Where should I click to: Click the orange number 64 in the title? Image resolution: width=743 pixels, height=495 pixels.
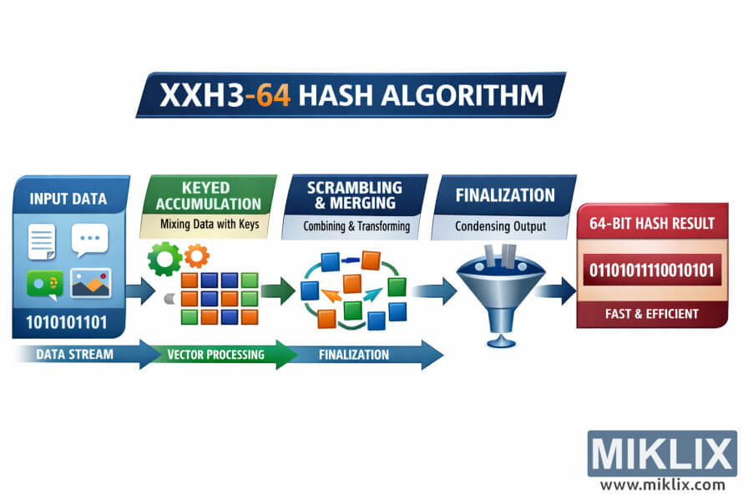click(273, 95)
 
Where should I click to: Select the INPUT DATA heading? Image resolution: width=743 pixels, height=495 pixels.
click(68, 199)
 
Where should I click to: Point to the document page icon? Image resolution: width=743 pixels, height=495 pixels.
click(43, 242)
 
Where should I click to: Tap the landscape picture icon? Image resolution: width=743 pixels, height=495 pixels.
click(91, 284)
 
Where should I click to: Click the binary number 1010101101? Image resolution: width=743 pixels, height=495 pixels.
click(68, 322)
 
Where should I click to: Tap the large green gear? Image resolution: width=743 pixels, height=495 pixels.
click(164, 259)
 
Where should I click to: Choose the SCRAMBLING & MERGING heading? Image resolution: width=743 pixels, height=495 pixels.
click(354, 195)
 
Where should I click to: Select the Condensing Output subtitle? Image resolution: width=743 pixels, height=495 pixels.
click(501, 225)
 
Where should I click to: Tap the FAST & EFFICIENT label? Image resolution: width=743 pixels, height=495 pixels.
click(652, 314)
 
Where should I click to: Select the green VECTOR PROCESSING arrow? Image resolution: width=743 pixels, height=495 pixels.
click(216, 354)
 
